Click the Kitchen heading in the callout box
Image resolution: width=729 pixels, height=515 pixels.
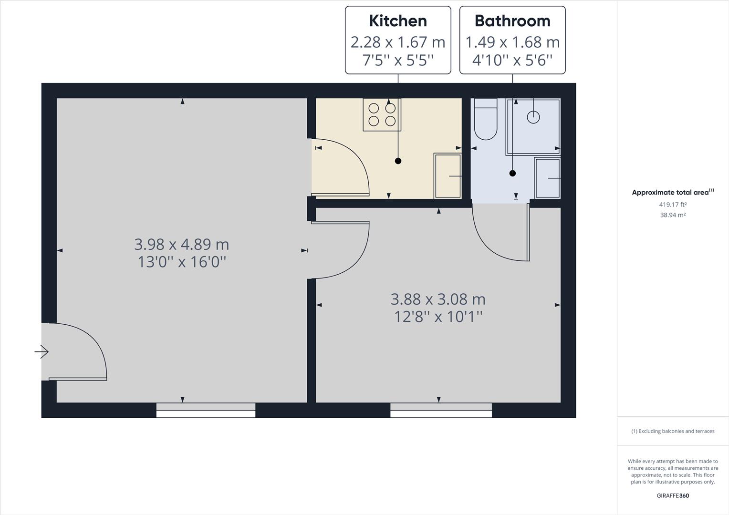398,21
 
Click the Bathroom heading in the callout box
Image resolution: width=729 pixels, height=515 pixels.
512,21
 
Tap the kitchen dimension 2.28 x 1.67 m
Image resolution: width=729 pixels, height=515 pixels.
398,42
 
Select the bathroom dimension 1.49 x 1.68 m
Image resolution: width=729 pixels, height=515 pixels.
512,42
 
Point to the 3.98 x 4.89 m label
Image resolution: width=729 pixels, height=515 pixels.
182,245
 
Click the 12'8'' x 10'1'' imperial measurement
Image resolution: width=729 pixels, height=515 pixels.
438,317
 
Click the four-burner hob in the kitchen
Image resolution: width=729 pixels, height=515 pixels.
382,114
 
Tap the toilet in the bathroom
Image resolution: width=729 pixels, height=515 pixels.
486,119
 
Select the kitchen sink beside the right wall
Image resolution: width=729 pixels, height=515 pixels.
448,176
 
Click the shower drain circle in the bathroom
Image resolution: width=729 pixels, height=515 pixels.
533,117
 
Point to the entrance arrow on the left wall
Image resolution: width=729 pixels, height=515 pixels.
42,352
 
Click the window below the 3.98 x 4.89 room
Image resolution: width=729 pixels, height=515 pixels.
206,410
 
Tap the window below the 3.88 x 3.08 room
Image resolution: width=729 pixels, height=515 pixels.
441,410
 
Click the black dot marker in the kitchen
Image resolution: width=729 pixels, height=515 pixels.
398,161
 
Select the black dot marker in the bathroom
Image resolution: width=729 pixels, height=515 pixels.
512,174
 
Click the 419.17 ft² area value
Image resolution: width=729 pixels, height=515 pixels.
673,205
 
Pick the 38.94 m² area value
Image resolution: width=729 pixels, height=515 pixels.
673,215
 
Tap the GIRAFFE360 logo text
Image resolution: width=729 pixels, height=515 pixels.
673,495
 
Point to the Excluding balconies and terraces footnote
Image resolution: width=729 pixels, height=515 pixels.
673,431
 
